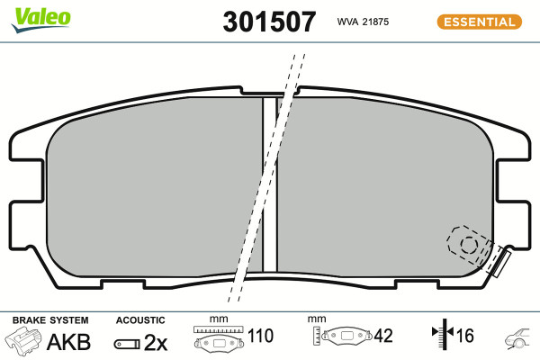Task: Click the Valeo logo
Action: pos(41,20)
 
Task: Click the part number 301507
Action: pos(269,22)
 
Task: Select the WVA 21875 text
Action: pos(363,22)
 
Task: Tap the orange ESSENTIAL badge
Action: pos(480,22)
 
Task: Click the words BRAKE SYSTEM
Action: pos(50,320)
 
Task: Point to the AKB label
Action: pos(68,342)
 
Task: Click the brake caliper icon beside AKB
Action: pos(23,340)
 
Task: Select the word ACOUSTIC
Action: pos(140,320)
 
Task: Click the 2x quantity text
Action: pos(156,342)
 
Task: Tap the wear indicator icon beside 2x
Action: pos(127,344)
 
